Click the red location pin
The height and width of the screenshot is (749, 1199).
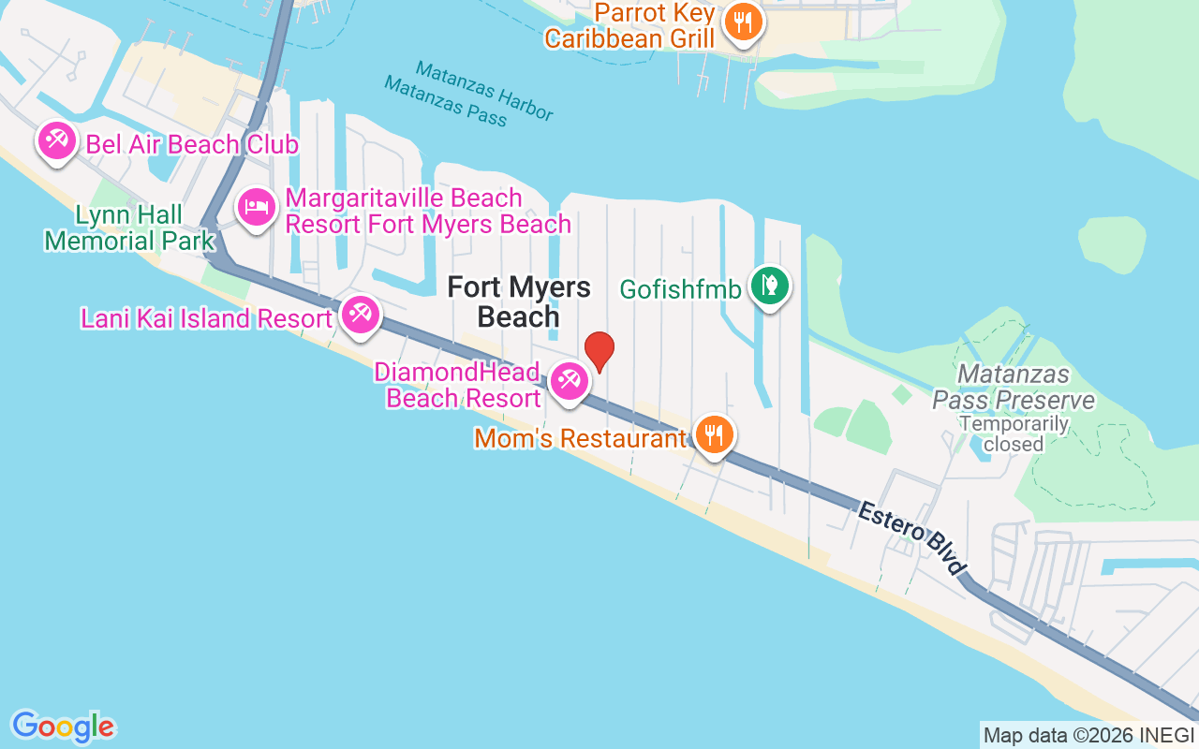point(599,351)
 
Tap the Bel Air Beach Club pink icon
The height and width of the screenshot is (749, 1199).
point(56,142)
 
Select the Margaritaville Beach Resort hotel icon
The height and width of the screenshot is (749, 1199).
point(257,208)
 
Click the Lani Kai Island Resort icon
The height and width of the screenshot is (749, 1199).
point(360,316)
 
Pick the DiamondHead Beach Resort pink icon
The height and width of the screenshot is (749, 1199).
point(569,381)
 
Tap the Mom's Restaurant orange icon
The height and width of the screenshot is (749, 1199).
point(715,434)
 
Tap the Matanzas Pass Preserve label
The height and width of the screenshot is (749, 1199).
point(1014,388)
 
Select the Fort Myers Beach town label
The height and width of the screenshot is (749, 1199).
point(519,301)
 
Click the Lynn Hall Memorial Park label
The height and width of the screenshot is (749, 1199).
point(129,228)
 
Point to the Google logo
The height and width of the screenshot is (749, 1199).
point(63,727)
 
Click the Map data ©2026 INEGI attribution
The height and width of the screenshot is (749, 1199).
point(1089,736)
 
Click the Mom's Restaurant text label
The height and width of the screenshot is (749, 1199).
point(580,438)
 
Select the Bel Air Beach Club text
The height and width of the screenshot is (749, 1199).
point(192,144)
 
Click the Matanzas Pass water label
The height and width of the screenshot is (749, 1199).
point(445,101)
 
